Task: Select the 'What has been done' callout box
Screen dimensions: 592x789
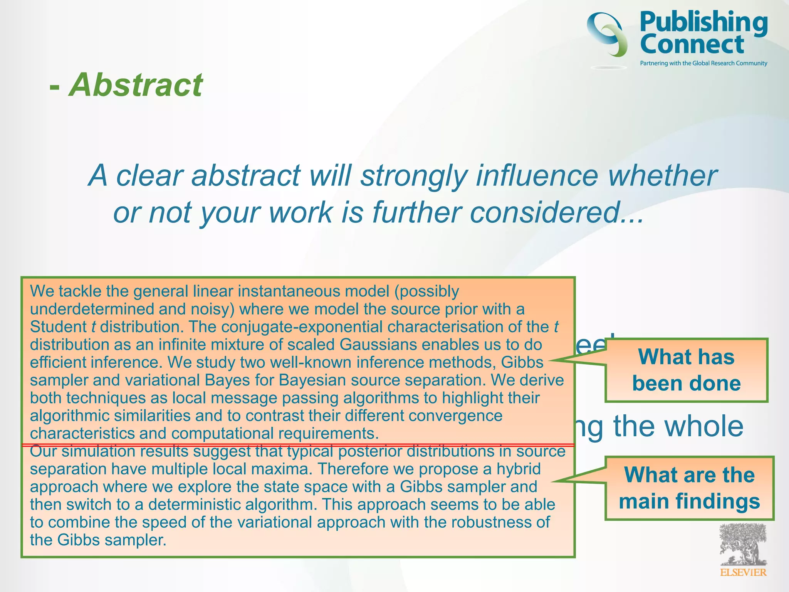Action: pos(687,370)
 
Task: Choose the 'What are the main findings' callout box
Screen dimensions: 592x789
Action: pos(689,488)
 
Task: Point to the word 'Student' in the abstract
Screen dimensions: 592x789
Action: pos(58,327)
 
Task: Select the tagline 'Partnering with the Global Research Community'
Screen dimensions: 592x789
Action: pos(703,63)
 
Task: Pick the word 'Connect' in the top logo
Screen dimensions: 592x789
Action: pos(692,44)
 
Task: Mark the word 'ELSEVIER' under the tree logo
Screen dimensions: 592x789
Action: pos(743,572)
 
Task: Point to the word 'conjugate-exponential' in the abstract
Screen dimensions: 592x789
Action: pos(302,327)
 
